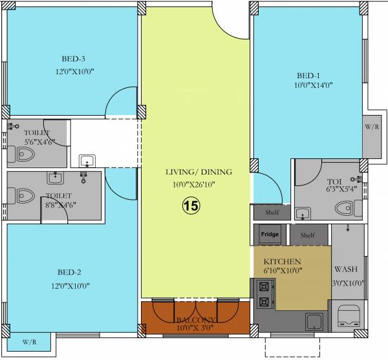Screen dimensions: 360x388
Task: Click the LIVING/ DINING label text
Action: (197, 172)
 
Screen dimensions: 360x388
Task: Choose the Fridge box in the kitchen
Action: (271, 235)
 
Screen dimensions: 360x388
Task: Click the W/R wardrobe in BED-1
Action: (372, 127)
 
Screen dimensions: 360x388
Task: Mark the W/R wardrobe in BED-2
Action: (30, 341)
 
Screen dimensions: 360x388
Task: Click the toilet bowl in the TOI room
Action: (344, 207)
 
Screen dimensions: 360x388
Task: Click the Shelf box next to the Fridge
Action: (307, 235)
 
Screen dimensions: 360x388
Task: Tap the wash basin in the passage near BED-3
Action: (87, 161)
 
